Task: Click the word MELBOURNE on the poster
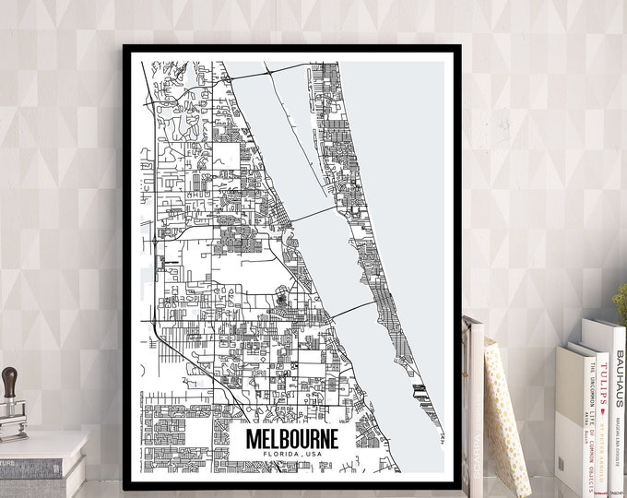[291, 438]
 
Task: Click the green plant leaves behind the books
[621, 304]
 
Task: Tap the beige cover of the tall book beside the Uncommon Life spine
[567, 415]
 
